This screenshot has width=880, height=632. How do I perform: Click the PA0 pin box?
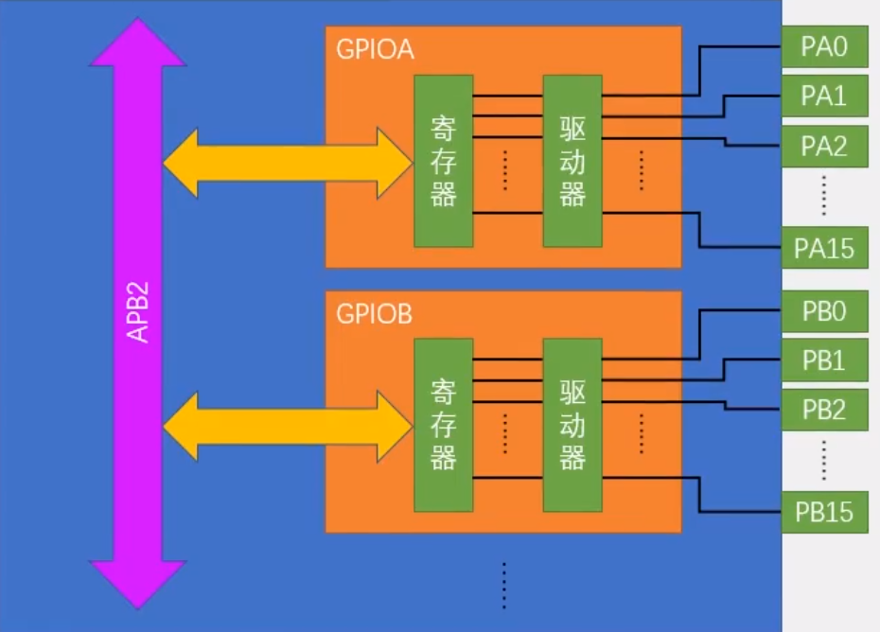(x=824, y=46)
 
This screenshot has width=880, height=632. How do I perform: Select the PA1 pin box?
(x=824, y=97)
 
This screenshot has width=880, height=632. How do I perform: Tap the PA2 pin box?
(x=824, y=147)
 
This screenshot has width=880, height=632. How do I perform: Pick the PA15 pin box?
(x=824, y=248)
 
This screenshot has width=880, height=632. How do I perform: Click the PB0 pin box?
(x=824, y=310)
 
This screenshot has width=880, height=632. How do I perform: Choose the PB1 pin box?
(x=824, y=360)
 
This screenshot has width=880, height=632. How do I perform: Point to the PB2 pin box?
(x=824, y=411)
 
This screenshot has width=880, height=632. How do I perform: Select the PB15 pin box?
(x=824, y=512)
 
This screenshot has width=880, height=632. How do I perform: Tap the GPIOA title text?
(x=375, y=49)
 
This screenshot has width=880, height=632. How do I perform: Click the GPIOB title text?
(x=375, y=314)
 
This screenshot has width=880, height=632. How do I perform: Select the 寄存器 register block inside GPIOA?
(x=443, y=161)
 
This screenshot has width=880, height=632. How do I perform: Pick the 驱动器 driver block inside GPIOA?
(x=572, y=161)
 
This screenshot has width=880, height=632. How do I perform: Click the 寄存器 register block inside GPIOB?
(x=443, y=425)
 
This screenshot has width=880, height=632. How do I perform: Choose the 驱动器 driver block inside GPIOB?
(x=572, y=425)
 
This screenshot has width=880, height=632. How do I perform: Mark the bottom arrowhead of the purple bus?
(x=138, y=583)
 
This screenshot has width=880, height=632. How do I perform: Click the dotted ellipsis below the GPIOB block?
(x=504, y=585)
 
